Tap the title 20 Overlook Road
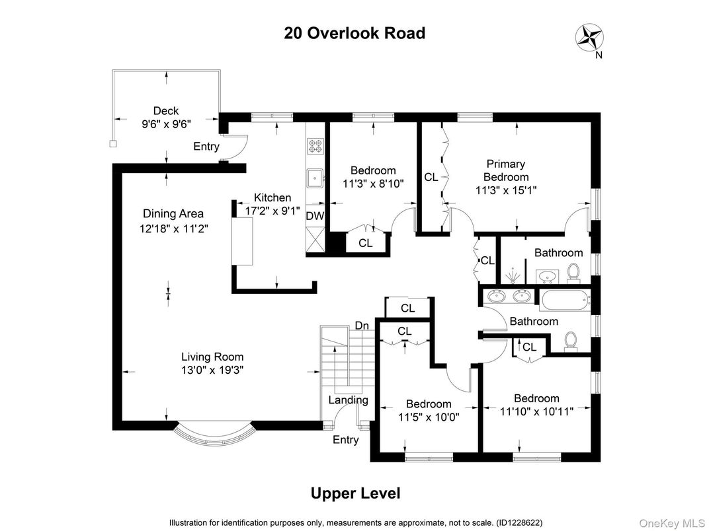point(354,33)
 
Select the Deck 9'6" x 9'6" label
point(166,118)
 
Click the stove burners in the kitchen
point(314,147)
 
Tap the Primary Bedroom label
point(505,170)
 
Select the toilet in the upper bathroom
point(574,271)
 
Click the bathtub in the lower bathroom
point(563,301)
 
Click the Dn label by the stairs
point(362,326)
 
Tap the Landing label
point(349,400)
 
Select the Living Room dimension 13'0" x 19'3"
point(213,371)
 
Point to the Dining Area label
point(173,213)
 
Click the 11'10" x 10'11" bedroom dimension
point(536,411)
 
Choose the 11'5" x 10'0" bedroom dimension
point(428,417)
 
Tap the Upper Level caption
point(355,493)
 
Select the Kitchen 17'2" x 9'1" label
point(272,204)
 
